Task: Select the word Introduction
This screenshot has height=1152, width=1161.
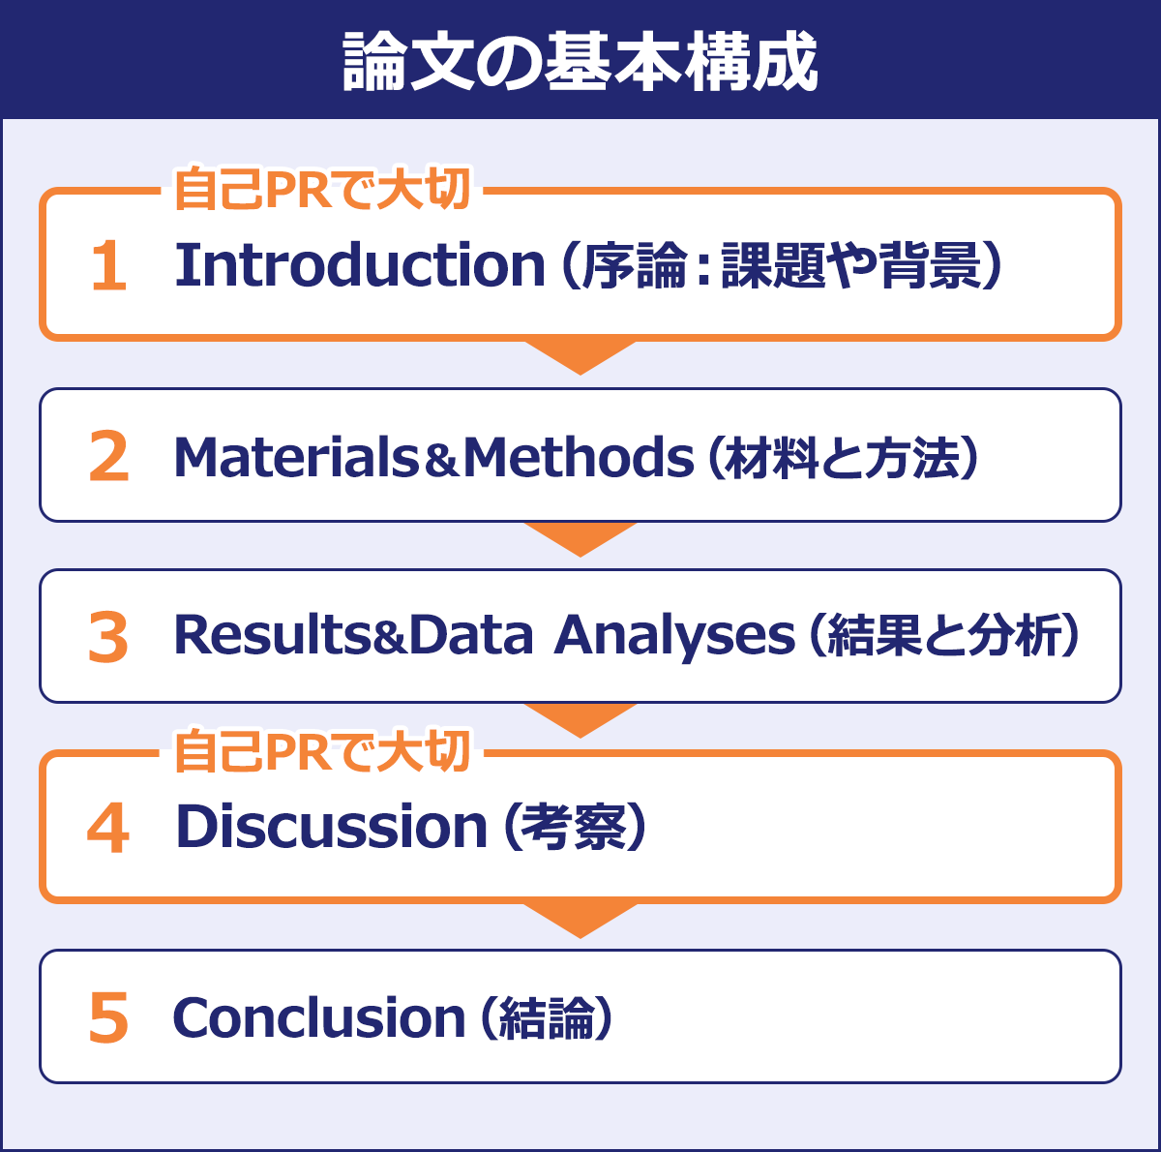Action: [360, 264]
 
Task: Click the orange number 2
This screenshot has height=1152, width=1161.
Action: [108, 457]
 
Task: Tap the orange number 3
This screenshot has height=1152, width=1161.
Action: [108, 638]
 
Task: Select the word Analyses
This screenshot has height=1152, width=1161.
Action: [674, 638]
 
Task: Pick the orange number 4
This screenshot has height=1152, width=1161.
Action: [108, 829]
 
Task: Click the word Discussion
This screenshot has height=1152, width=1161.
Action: [331, 827]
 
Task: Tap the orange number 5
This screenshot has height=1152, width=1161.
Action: [108, 1018]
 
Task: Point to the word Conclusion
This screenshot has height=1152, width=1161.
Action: [319, 1018]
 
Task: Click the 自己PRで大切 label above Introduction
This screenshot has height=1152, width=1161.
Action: [321, 189]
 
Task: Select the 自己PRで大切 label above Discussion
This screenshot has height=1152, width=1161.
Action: [321, 751]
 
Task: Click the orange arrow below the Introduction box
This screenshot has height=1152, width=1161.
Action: [580, 355]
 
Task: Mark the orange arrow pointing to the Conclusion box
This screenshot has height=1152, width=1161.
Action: [580, 919]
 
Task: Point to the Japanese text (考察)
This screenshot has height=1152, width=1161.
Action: [574, 828]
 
